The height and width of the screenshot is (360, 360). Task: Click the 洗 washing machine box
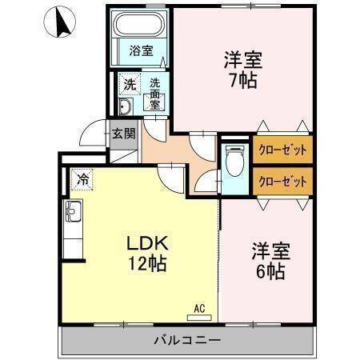click(129, 83)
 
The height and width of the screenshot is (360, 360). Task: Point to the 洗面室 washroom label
click(154, 92)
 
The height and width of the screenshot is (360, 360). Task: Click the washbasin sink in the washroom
click(126, 108)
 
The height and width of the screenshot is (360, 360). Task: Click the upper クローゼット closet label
click(282, 150)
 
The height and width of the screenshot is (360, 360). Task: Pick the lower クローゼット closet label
click(282, 180)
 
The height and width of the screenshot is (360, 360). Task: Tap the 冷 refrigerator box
click(83, 179)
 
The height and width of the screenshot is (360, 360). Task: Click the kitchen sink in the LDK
click(73, 214)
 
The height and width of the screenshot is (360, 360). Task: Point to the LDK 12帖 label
click(145, 254)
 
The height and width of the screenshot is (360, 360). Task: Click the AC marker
click(200, 306)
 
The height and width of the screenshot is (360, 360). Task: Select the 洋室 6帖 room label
click(269, 260)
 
